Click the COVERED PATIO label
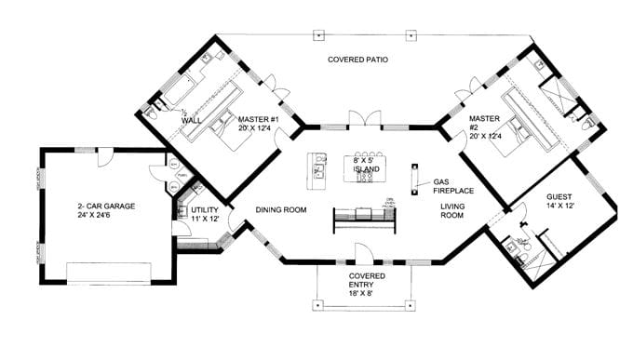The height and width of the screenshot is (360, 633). [357, 60]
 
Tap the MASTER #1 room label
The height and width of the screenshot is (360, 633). [257, 118]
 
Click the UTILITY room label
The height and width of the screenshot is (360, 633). [205, 211]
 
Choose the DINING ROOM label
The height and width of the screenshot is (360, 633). [281, 210]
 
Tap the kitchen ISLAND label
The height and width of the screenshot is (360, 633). [365, 171]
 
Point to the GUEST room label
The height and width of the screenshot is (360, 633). [559, 197]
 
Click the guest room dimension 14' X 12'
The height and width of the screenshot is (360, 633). [559, 208]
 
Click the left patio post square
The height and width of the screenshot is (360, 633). [318, 35]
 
